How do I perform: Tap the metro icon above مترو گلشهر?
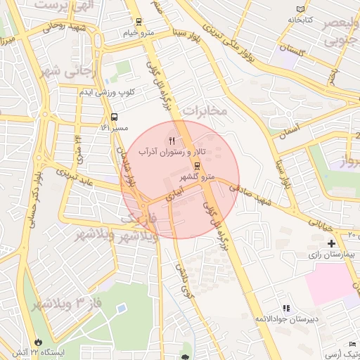tap(196, 166)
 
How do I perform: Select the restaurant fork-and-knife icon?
tap(173, 140)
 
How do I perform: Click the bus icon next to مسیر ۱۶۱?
tap(114, 117)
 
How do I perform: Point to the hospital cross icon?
tap(331, 243)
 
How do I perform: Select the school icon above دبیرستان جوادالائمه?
tap(285, 308)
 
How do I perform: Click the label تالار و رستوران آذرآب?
tap(172, 152)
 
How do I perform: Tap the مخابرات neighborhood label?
tap(206, 111)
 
